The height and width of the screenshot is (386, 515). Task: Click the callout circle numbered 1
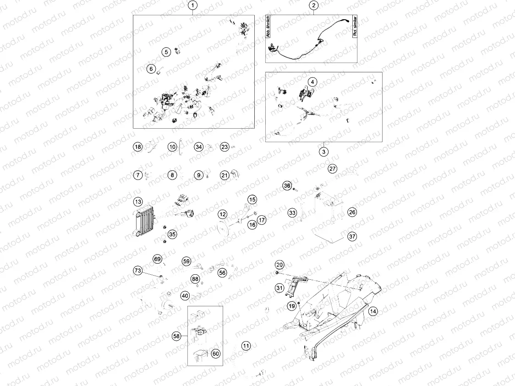(x=193, y=5)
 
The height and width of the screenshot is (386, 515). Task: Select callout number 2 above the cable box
(x=313, y=5)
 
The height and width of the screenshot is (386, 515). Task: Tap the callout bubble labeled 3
(x=323, y=152)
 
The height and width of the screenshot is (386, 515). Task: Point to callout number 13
(x=138, y=201)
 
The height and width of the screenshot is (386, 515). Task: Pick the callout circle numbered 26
(x=352, y=212)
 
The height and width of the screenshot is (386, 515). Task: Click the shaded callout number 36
(x=287, y=185)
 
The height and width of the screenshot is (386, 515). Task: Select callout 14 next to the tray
(x=373, y=311)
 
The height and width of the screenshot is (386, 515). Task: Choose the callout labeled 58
(x=177, y=336)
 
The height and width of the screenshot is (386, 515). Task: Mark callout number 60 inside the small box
(x=216, y=353)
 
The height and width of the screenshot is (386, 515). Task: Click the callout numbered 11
(x=247, y=345)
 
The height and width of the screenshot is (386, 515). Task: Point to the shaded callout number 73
(x=138, y=271)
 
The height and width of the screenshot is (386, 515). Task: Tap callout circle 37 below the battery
(x=352, y=237)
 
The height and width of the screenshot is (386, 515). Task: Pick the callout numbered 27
(x=333, y=169)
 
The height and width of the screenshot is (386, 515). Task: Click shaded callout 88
(x=195, y=279)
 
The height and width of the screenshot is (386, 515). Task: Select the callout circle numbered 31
(x=279, y=288)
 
